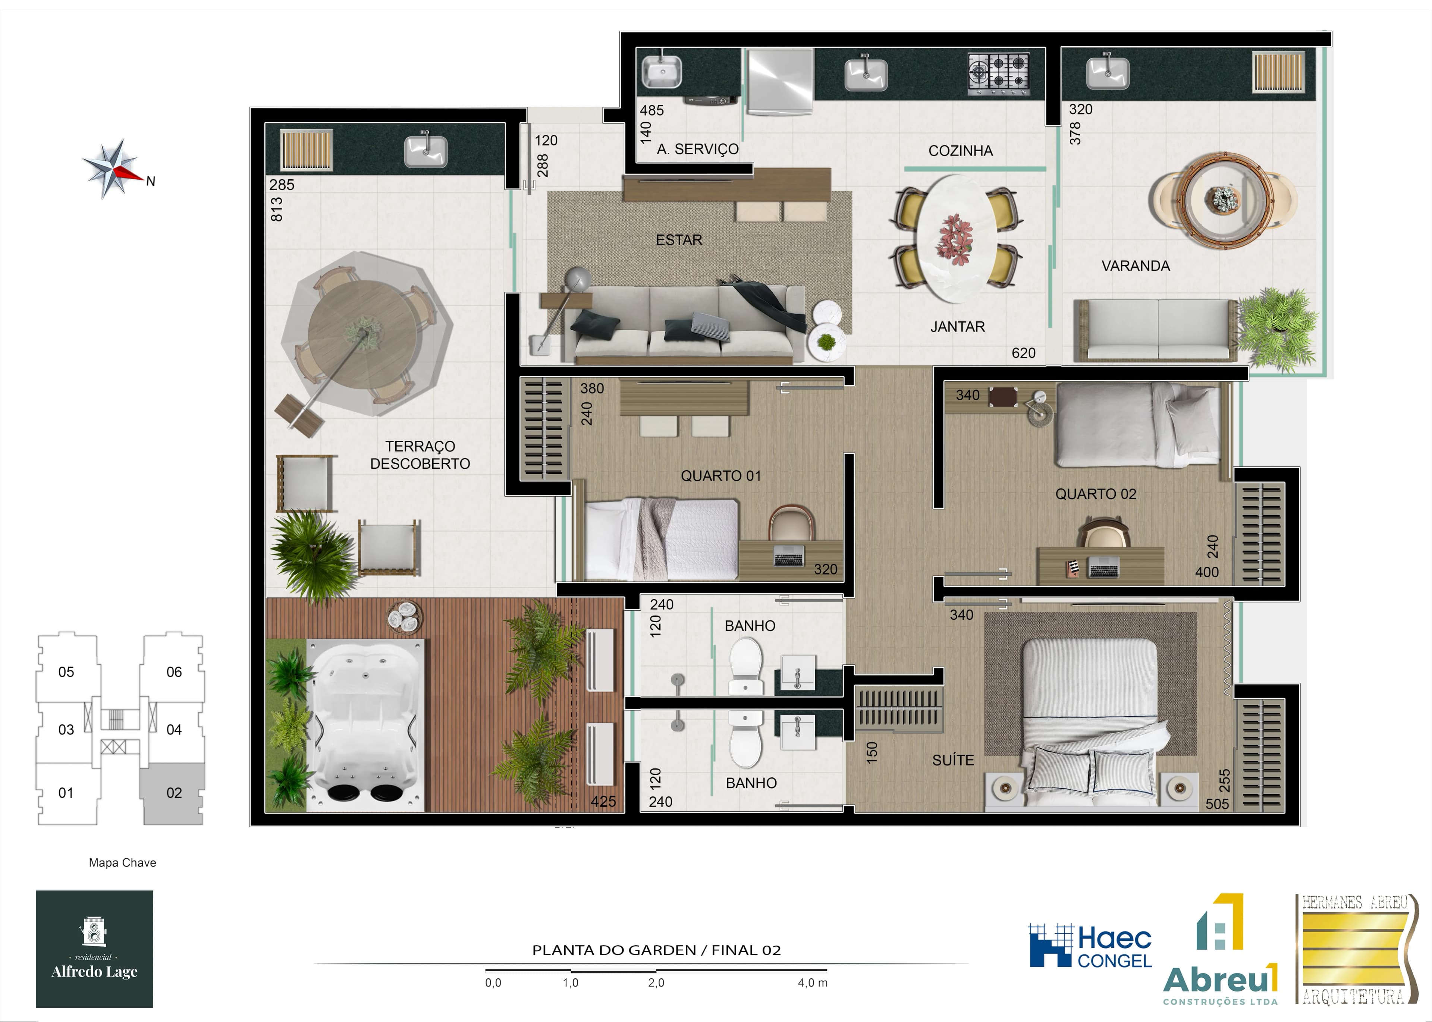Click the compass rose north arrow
tap(113, 169)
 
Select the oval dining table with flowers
tap(955, 239)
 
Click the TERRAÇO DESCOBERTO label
tap(420, 455)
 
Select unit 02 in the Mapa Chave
tap(173, 793)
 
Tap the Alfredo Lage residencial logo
tap(94, 949)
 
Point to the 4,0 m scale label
tap(812, 983)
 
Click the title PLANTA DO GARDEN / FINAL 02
tap(656, 950)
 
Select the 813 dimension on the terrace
tap(276, 210)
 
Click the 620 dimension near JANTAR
tap(1023, 353)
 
